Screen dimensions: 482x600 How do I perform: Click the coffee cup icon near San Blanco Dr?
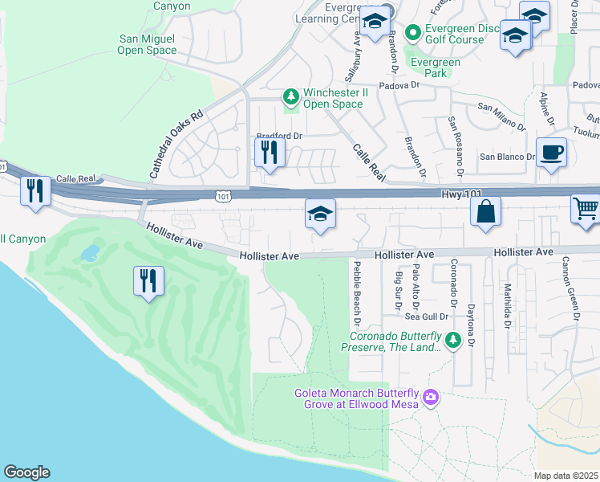tap(551, 152)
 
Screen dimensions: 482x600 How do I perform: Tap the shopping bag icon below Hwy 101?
tap(485, 213)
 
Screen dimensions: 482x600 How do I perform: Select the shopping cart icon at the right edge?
tap(586, 209)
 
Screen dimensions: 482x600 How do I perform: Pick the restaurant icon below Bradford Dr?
tap(270, 153)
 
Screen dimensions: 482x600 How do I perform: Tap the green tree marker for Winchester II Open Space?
tap(290, 97)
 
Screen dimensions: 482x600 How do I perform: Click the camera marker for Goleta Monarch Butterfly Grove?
tap(432, 397)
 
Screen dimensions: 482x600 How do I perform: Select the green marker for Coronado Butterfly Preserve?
tap(453, 341)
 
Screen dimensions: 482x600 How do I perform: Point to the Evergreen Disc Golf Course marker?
tap(413, 33)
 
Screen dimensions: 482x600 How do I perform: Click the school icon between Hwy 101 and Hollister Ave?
tap(320, 214)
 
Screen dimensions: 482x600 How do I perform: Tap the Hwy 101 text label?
tap(464, 194)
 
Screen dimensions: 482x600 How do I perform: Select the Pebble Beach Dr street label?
tap(356, 288)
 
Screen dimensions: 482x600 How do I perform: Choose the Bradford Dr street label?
tap(278, 137)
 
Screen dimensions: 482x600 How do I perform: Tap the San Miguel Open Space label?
tap(148, 44)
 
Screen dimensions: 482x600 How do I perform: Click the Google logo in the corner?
tap(26, 472)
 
